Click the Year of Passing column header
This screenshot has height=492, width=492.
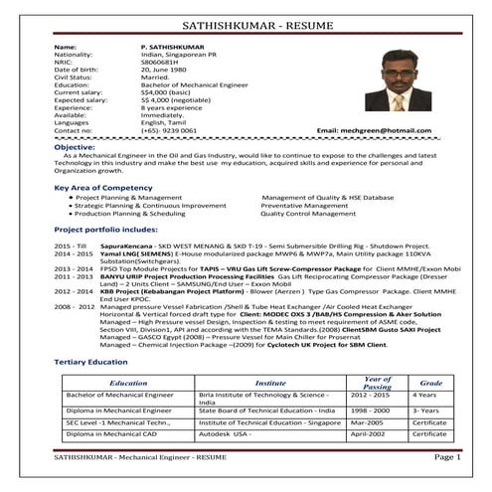click(378, 382)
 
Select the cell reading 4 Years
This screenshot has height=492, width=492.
click(426, 396)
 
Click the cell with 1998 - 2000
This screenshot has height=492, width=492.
click(370, 410)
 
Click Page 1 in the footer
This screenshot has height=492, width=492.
click(447, 456)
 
